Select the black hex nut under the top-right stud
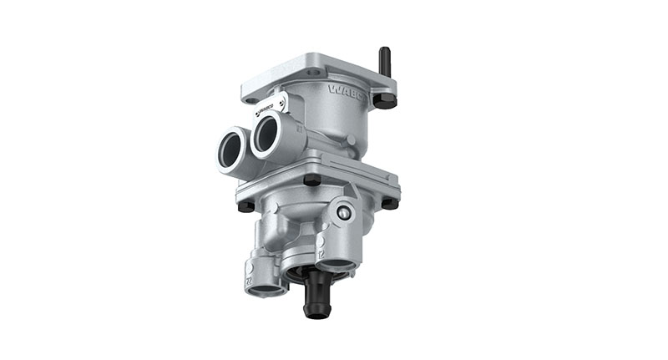[x=384, y=100]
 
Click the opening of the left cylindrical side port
[x=230, y=149]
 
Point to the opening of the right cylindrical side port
[x=267, y=134]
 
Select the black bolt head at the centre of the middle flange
[x=311, y=180]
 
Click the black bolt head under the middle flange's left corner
[x=244, y=205]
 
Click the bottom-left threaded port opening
[x=269, y=290]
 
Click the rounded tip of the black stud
[x=384, y=50]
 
